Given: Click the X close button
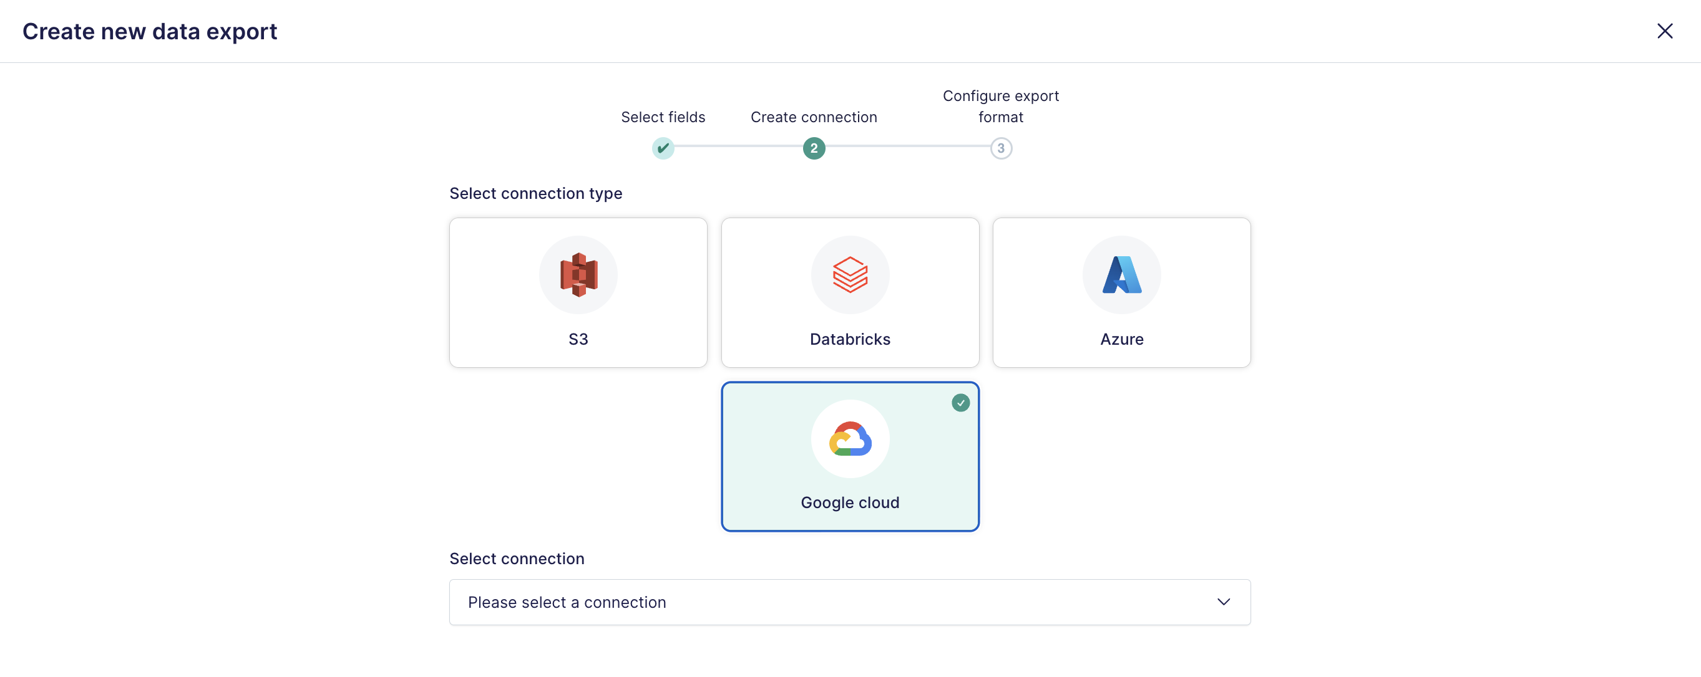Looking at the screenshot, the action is pyautogui.click(x=1664, y=31).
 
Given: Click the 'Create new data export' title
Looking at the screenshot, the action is pyautogui.click(x=150, y=31).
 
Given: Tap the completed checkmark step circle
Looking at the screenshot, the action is pyautogui.click(x=663, y=148).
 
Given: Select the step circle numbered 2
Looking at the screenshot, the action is pyautogui.click(x=814, y=148).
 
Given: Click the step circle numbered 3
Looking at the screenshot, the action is pyautogui.click(x=1000, y=148).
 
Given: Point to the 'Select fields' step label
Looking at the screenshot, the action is pyautogui.click(x=663, y=117).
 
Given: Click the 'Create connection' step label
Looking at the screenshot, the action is pyautogui.click(x=814, y=117).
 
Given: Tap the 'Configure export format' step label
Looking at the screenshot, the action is pyautogui.click(x=1000, y=106).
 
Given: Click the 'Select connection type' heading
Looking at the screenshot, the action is pyautogui.click(x=535, y=193).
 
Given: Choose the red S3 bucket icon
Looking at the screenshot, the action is pyautogui.click(x=578, y=274).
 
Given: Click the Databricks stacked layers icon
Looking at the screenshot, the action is pyautogui.click(x=850, y=274).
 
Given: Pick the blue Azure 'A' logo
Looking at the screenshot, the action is pyautogui.click(x=1121, y=274).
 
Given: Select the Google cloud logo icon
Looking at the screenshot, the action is pyautogui.click(x=850, y=439).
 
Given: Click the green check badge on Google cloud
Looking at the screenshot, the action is pyautogui.click(x=960, y=403).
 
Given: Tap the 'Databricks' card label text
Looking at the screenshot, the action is pyautogui.click(x=850, y=339).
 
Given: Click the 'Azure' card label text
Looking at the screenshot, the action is pyautogui.click(x=1121, y=339).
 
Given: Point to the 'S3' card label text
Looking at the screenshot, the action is pyautogui.click(x=578, y=339).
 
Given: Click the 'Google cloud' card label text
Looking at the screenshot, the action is pyautogui.click(x=850, y=503).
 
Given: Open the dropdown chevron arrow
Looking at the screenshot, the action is pyautogui.click(x=1223, y=602).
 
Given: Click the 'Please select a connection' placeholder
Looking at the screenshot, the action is pyautogui.click(x=567, y=602).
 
